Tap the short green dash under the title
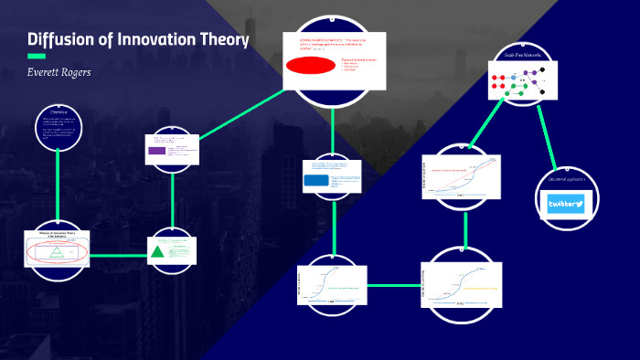(37, 57)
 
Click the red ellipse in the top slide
(311, 66)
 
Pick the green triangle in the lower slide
(158, 251)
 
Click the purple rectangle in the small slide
(157, 151)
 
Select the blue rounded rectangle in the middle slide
(317, 181)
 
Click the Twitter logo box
(566, 204)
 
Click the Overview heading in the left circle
(59, 112)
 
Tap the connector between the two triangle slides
(117, 254)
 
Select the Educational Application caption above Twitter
(566, 179)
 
